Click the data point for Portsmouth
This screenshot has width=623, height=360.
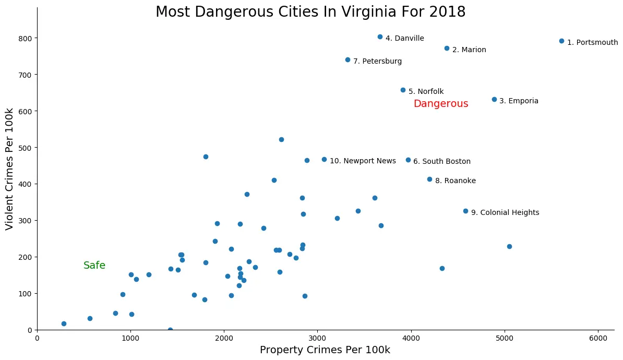click(561, 41)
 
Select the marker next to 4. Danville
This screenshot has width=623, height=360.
click(380, 37)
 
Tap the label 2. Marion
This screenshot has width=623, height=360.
click(469, 50)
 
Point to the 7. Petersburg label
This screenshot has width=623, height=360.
click(377, 61)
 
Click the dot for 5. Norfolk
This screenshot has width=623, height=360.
click(403, 90)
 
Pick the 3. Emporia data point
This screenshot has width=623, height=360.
click(494, 99)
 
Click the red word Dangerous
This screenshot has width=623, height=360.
click(440, 104)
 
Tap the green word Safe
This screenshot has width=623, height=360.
click(94, 266)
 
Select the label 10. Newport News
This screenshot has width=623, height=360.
click(363, 161)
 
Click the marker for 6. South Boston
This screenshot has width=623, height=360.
click(408, 160)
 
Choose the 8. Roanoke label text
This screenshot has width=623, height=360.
click(455, 181)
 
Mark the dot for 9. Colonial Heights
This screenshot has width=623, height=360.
click(465, 211)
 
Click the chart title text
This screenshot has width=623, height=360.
click(310, 11)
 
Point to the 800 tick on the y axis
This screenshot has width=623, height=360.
click(26, 38)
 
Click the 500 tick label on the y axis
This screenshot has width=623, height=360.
click(26, 148)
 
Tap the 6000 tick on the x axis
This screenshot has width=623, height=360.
click(598, 337)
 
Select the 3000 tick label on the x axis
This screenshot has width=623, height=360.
click(318, 337)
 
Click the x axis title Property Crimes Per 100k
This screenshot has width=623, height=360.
click(325, 350)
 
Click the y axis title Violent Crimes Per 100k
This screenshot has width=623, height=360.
click(9, 169)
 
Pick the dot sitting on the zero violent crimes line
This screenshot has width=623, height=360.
click(170, 330)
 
